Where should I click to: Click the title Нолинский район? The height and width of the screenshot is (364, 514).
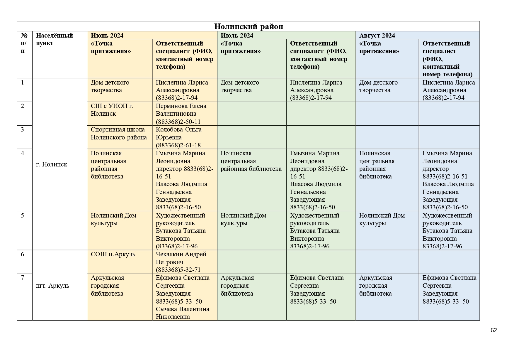coord(249,26)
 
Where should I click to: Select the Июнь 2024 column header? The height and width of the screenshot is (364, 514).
coord(107,36)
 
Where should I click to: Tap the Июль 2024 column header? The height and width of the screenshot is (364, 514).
coord(237,36)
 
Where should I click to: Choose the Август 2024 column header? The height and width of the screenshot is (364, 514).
coord(377,36)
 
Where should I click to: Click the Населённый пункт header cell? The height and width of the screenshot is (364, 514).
coord(54,39)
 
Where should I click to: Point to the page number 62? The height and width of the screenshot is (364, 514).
coord(493,330)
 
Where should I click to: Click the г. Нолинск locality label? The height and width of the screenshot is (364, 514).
coord(52,164)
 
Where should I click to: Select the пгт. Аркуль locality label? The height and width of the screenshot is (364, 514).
coord(52,286)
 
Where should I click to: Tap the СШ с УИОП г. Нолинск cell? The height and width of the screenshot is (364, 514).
coord(112,110)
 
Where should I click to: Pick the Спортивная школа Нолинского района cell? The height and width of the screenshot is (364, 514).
coord(119,134)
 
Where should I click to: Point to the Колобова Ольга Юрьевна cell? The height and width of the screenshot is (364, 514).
coord(178,134)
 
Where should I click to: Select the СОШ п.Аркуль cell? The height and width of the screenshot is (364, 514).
coord(113,254)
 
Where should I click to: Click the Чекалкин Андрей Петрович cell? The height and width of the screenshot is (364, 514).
coord(181,258)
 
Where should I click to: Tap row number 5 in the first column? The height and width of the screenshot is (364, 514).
coord(23,215)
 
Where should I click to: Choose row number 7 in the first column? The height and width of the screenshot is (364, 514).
coord(23,278)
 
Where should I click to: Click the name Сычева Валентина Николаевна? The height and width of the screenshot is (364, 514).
coord(183,313)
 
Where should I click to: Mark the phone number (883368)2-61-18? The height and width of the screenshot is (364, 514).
coord(178,145)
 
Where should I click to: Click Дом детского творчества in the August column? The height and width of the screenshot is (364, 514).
coord(378,86)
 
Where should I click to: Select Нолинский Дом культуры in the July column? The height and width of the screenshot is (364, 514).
coord(243,219)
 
